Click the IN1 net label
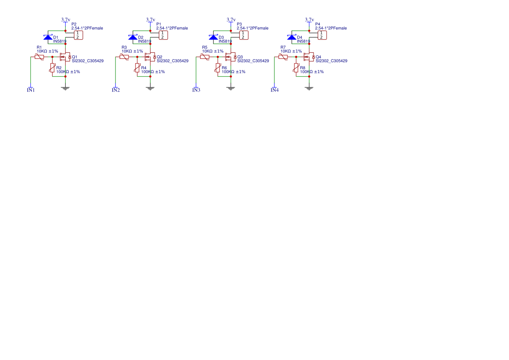31,90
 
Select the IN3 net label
196,90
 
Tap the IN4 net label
274,90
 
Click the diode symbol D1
48,37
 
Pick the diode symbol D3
213,37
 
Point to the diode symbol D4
292,37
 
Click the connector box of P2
78,35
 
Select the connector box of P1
162,35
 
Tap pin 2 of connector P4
321,37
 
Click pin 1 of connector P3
243,33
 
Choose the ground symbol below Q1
65,88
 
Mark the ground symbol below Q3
231,88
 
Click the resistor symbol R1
39,57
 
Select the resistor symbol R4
137,67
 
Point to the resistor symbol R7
283,57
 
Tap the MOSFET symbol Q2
150,57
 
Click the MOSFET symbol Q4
309,57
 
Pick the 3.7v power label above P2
65,20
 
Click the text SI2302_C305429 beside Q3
253,61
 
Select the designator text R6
224,68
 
